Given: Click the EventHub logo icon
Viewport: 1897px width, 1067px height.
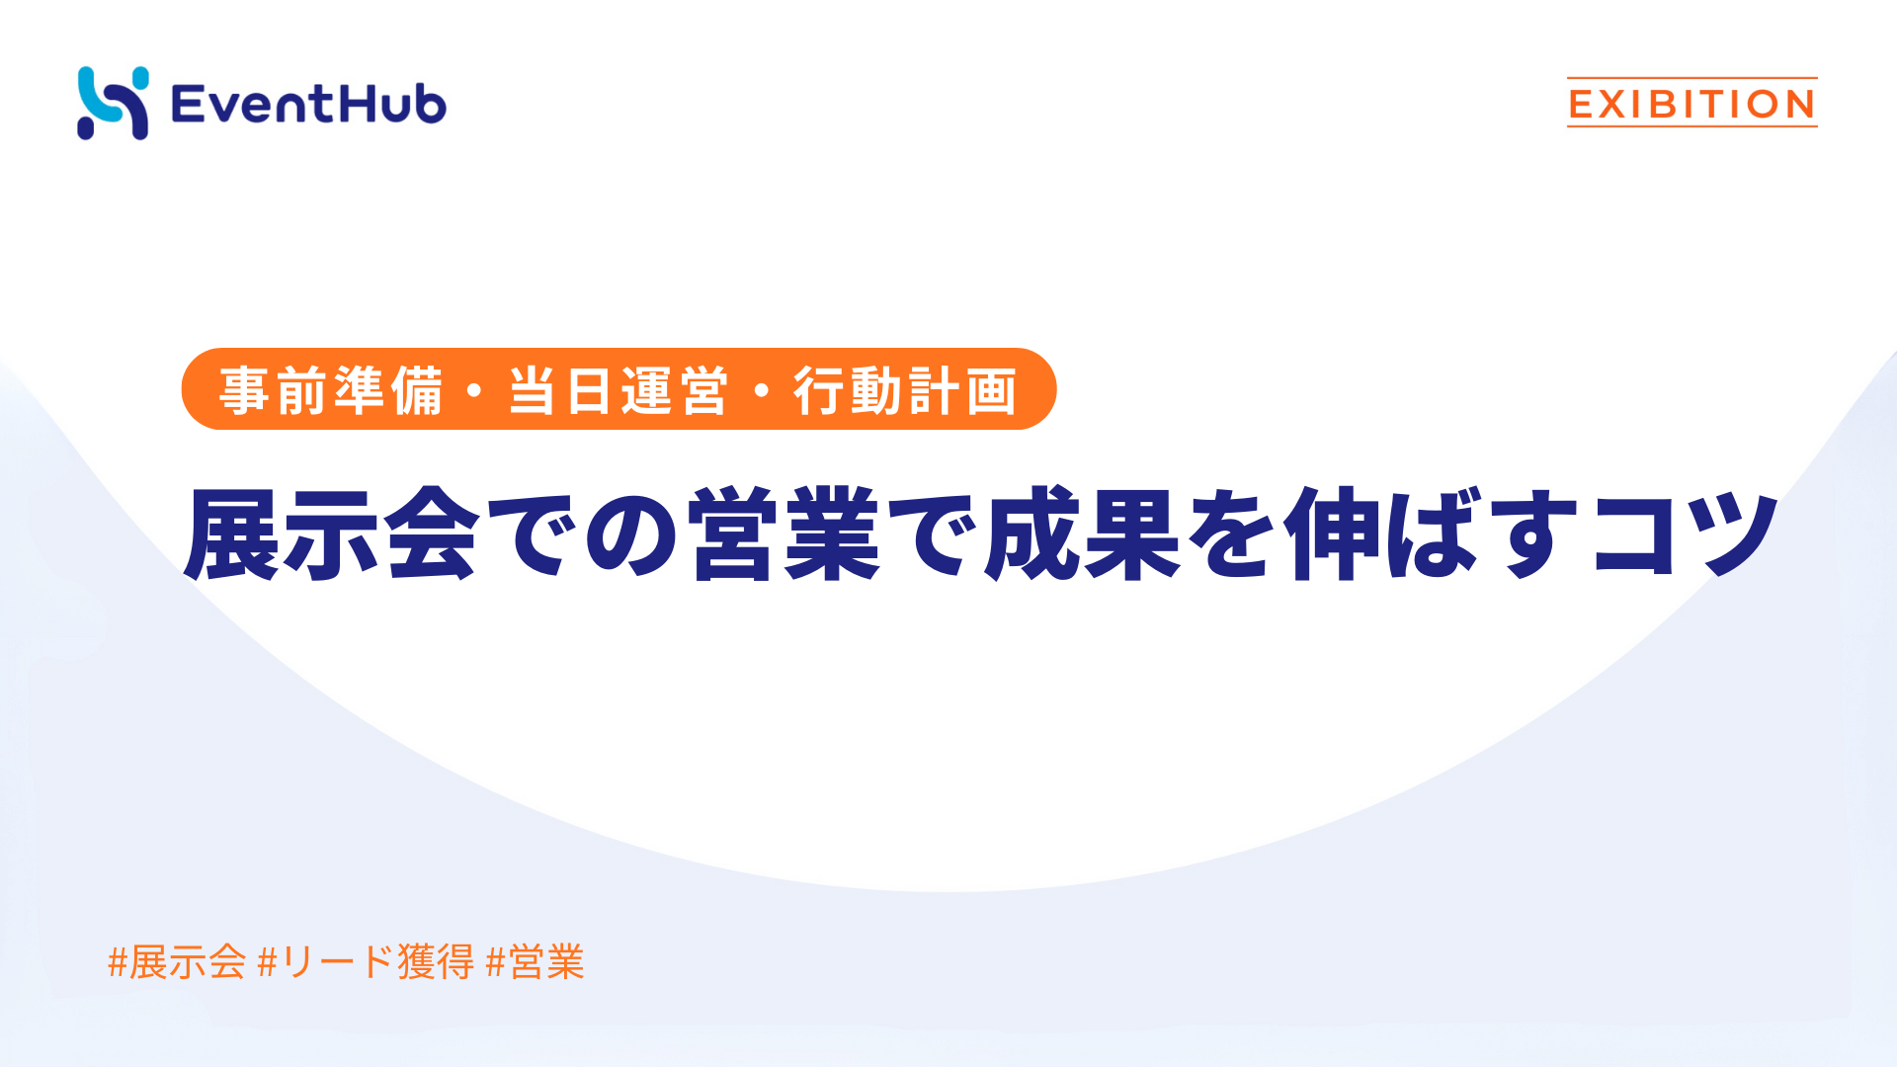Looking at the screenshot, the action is [x=113, y=104].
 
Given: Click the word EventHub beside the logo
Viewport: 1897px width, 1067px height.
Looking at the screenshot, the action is [x=308, y=104].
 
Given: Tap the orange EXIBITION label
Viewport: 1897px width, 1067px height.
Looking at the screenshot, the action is [x=1691, y=104].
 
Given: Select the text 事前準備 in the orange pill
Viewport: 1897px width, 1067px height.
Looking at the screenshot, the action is [x=331, y=390].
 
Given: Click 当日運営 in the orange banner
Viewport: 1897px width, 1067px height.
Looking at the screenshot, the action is [x=619, y=390].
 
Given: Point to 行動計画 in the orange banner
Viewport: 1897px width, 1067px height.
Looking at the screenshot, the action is [x=905, y=390].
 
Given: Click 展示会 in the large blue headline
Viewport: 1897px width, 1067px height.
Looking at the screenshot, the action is [x=332, y=533].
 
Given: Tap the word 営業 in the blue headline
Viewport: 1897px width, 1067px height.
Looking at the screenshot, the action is [x=784, y=533].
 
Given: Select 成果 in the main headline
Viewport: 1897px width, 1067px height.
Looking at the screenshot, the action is [x=1083, y=533].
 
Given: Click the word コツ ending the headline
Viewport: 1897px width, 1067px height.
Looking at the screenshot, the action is [x=1686, y=533].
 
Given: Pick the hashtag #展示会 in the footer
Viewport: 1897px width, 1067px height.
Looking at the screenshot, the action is [x=177, y=961].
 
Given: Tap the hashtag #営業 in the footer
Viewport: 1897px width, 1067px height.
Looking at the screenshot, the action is [x=536, y=961].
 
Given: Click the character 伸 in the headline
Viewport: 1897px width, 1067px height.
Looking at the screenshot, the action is [x=1333, y=533].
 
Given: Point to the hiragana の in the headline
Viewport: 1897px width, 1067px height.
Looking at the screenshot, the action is [x=632, y=534].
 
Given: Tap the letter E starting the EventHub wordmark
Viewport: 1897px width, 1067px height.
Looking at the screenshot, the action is [x=187, y=104].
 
